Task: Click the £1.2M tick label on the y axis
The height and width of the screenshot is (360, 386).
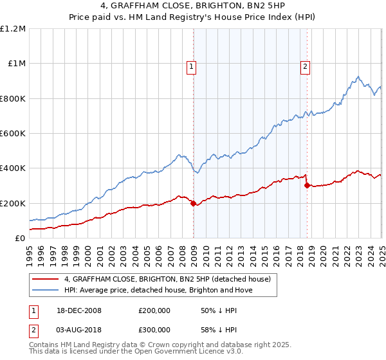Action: [x=13, y=29]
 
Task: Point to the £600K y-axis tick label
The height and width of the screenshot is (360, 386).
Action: [x=13, y=134]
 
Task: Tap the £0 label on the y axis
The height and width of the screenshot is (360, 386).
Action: [x=20, y=239]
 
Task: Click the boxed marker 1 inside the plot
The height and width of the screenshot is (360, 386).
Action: [x=192, y=65]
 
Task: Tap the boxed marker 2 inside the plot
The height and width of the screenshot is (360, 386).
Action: [x=304, y=65]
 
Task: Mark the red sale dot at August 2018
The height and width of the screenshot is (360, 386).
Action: [x=307, y=186]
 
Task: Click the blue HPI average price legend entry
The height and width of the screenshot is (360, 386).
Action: [x=158, y=290]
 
